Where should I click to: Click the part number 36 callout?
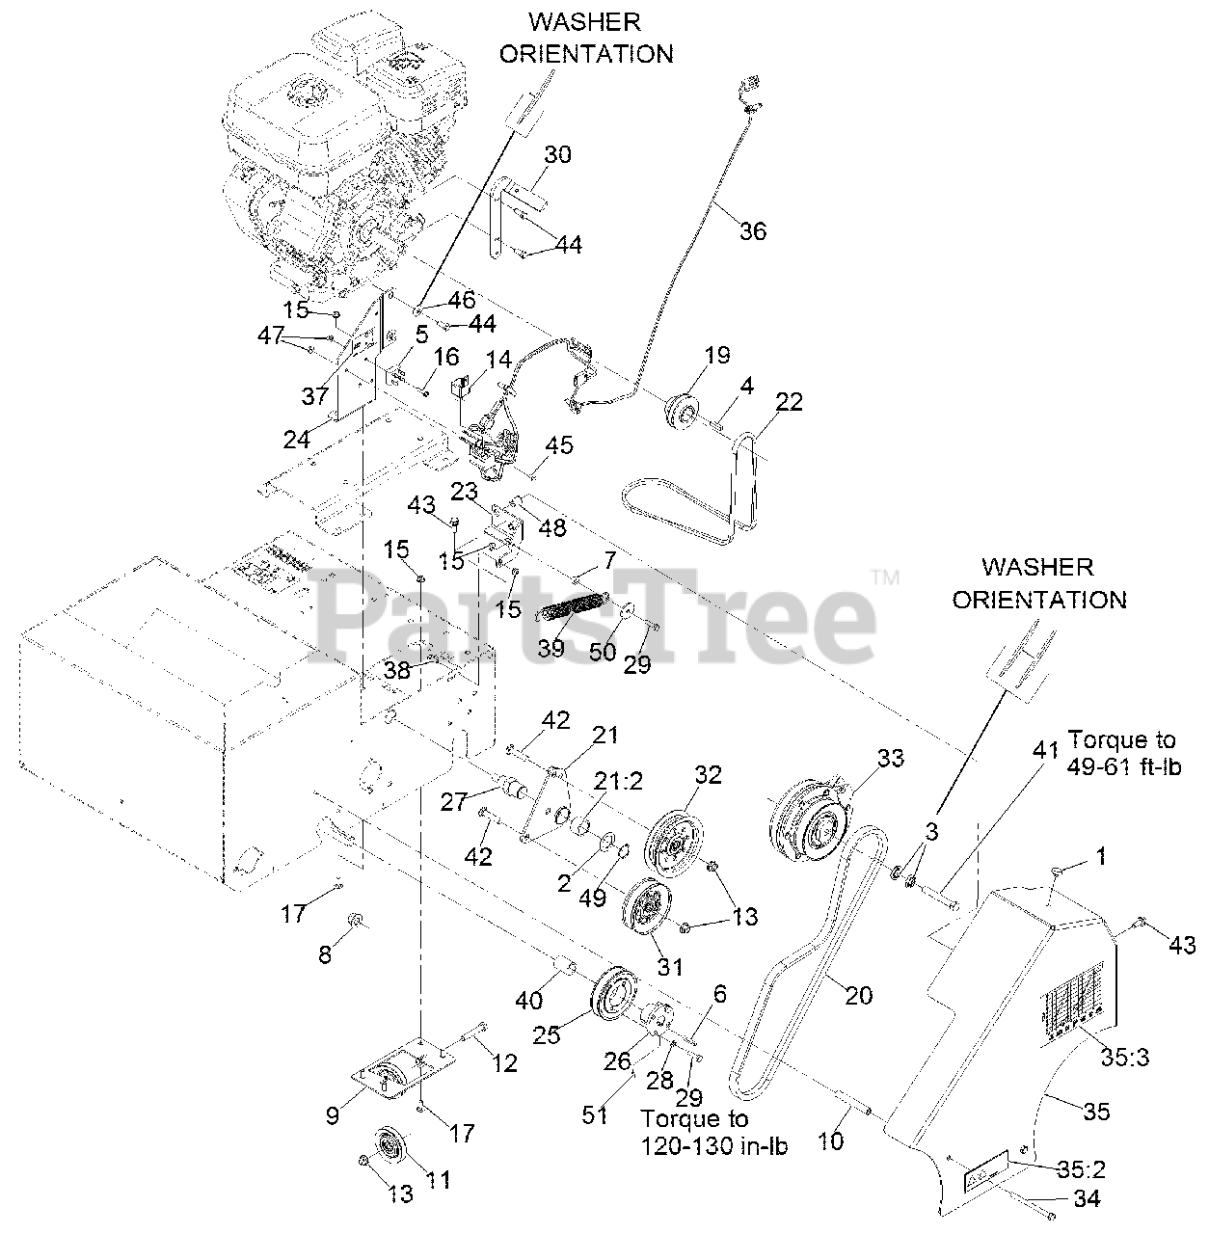click(753, 230)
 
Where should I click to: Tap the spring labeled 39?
click(576, 611)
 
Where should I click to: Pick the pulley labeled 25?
click(611, 993)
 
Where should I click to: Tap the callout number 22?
click(789, 403)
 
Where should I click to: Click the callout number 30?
click(557, 154)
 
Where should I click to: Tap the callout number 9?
click(334, 1115)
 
